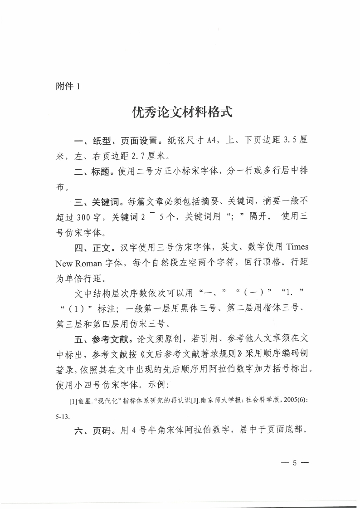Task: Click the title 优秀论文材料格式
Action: [182, 112]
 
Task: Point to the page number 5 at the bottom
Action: [294, 463]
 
